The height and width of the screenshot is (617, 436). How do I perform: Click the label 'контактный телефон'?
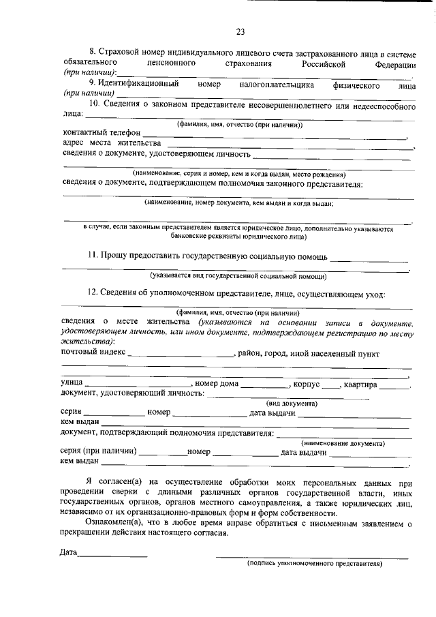[x=102, y=132]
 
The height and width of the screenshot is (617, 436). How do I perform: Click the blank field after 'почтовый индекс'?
[x=181, y=355]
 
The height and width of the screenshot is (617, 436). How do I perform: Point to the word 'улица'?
[x=72, y=384]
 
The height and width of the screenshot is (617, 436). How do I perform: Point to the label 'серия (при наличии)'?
[x=99, y=452]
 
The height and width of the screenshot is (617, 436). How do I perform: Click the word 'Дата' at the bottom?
[x=68, y=553]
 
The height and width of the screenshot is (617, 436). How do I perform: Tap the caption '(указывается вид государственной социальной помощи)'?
[x=238, y=276]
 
